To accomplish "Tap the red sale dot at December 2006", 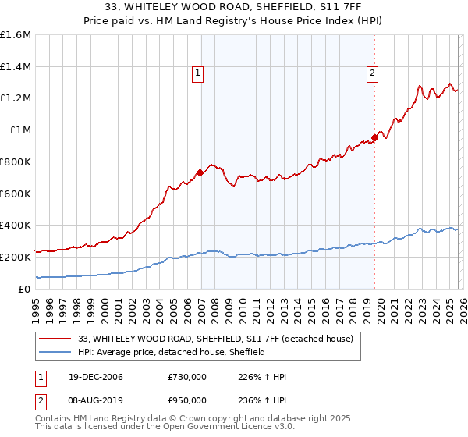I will pyautogui.click(x=200, y=172).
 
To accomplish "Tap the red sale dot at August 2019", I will pyautogui.click(x=374, y=137).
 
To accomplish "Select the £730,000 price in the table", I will pyautogui.click(x=187, y=378).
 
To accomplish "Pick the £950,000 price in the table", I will pyautogui.click(x=187, y=400).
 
